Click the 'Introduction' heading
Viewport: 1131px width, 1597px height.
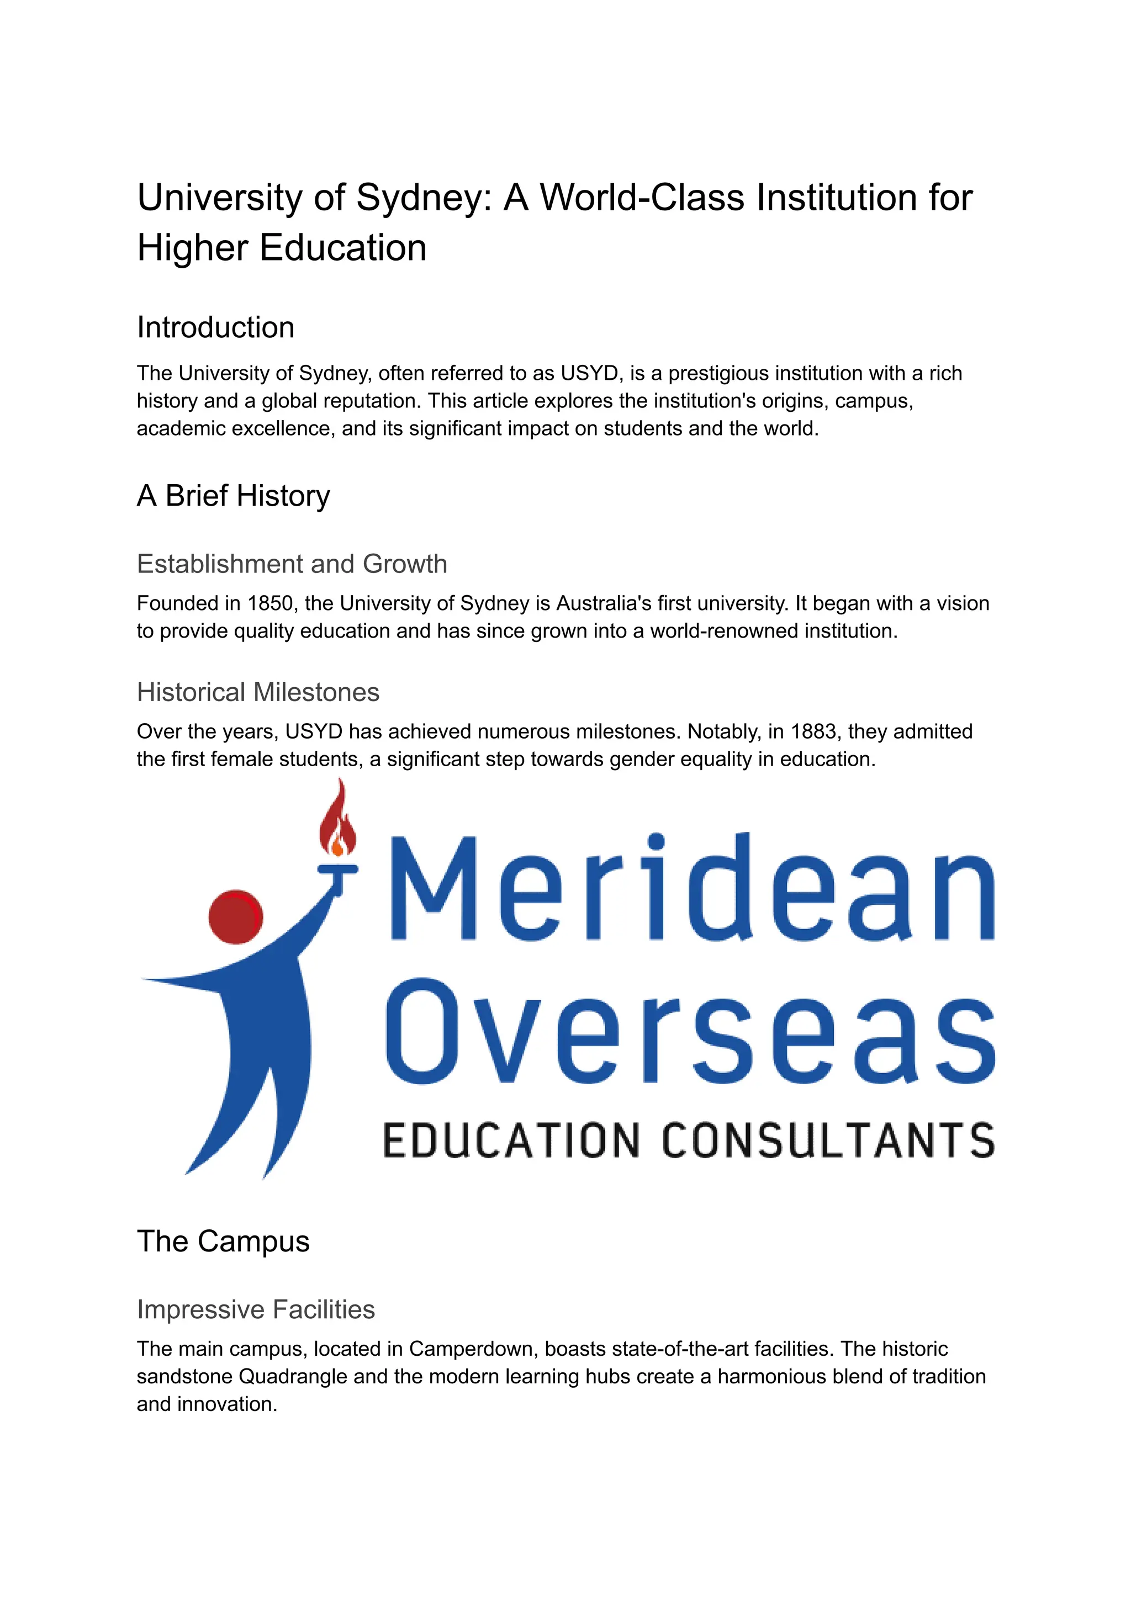point(215,327)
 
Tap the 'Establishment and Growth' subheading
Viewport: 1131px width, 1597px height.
point(292,564)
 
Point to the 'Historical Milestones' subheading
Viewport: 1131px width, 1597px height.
point(258,692)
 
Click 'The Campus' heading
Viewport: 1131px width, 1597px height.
point(223,1241)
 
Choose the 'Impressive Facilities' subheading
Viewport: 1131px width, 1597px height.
point(256,1309)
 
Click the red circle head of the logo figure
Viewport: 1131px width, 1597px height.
point(235,917)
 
